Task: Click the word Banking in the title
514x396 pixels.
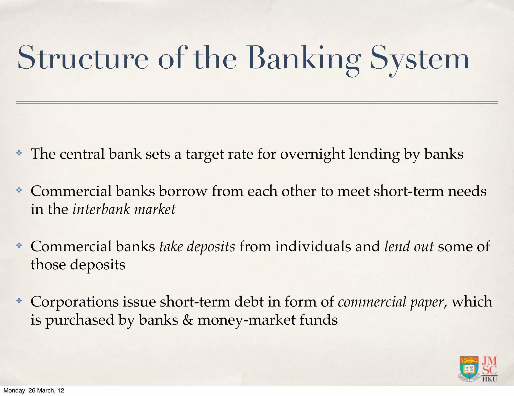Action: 304,58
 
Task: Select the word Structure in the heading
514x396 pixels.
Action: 83,58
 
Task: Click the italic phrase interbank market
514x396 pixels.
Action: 124,209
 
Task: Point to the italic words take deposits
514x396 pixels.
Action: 197,246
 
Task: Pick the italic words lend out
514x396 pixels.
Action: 409,246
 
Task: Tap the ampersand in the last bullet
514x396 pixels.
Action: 188,320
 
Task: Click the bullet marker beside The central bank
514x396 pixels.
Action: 19,153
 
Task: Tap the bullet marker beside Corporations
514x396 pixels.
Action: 19,301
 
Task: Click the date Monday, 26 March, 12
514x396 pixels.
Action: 34,390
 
